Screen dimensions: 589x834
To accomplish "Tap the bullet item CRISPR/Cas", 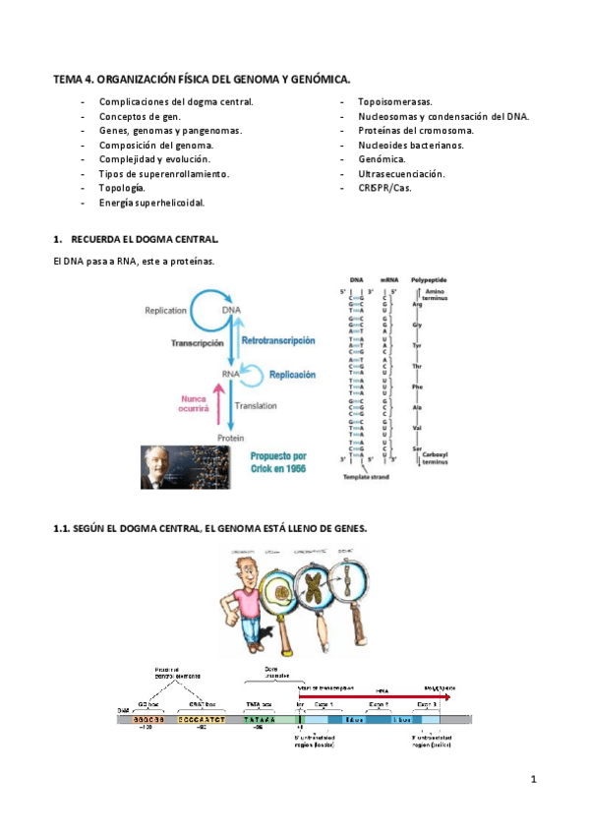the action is pos(385,188).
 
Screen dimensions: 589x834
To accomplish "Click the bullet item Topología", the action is pos(122,188).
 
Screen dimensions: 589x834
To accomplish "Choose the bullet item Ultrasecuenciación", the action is pos(401,174).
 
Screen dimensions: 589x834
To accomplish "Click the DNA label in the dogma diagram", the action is pos(231,311).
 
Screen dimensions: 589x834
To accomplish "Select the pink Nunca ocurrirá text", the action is pos(193,403).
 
